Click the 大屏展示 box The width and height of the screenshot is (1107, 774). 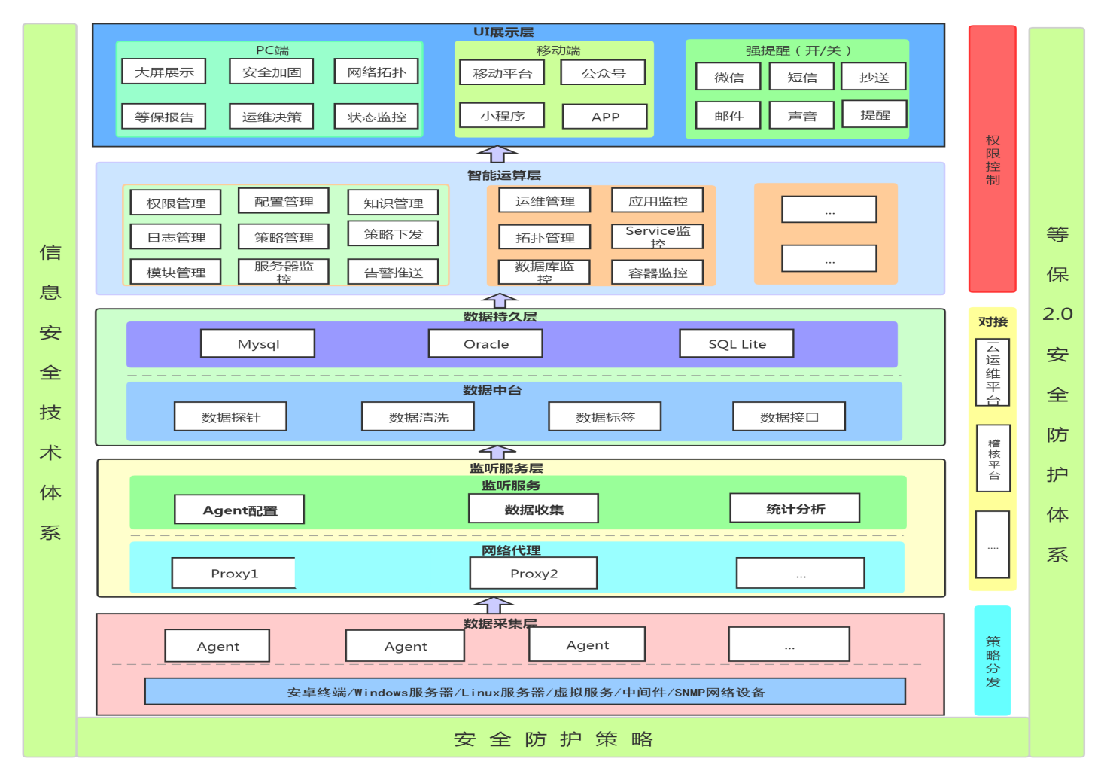click(x=164, y=72)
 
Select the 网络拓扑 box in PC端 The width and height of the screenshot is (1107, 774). click(x=376, y=72)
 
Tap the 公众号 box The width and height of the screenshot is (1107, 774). click(x=604, y=73)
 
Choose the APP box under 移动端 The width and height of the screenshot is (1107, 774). click(x=605, y=117)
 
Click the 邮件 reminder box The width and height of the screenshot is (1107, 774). click(x=728, y=116)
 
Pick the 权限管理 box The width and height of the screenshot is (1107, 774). click(x=175, y=203)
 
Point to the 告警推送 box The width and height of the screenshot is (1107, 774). click(x=393, y=272)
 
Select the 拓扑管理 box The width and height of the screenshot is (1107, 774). click(x=545, y=237)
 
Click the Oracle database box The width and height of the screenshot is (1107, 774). click(x=485, y=343)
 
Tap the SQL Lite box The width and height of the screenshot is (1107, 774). click(x=737, y=343)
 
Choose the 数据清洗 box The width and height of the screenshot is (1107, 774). click(x=418, y=416)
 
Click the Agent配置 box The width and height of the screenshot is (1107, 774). click(x=239, y=510)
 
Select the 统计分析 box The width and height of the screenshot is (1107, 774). click(x=795, y=508)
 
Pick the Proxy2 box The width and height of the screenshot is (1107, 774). click(x=534, y=573)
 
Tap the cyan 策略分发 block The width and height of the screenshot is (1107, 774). click(x=992, y=660)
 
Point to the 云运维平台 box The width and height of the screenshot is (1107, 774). click(x=992, y=373)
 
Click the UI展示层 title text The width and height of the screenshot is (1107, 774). click(x=503, y=32)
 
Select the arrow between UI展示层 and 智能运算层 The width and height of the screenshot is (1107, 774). click(x=497, y=154)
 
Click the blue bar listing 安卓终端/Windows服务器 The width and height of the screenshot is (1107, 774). click(x=525, y=692)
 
